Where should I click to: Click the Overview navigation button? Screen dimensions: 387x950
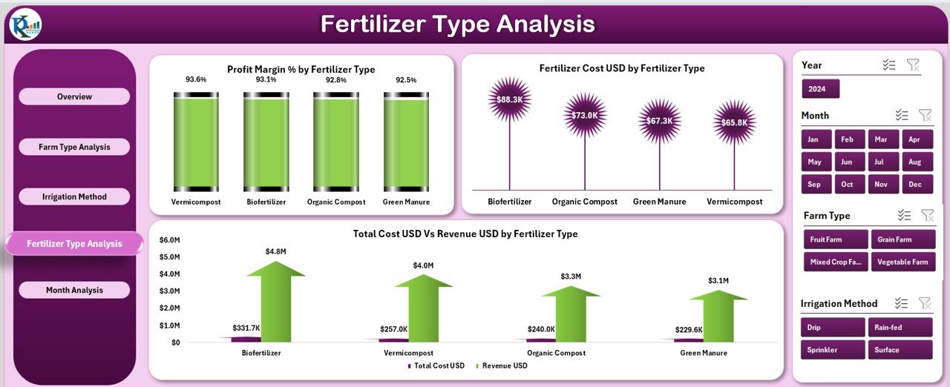74,96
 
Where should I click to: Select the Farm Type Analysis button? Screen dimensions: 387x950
74,147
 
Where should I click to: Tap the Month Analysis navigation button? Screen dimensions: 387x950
74,290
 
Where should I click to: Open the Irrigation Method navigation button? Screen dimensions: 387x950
74,196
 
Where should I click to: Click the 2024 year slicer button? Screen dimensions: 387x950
820,89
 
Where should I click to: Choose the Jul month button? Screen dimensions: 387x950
881,162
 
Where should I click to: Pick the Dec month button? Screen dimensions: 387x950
914,184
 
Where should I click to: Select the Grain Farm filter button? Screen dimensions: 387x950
900,239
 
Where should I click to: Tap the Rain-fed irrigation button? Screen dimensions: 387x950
900,327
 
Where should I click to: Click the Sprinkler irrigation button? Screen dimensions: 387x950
833,350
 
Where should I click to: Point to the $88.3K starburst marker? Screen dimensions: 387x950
510,99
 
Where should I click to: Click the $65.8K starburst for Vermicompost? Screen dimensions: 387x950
734,122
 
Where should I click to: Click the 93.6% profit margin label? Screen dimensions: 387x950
196,79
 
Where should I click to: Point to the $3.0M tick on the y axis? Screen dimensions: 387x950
170,291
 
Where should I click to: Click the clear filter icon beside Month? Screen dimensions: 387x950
925,115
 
